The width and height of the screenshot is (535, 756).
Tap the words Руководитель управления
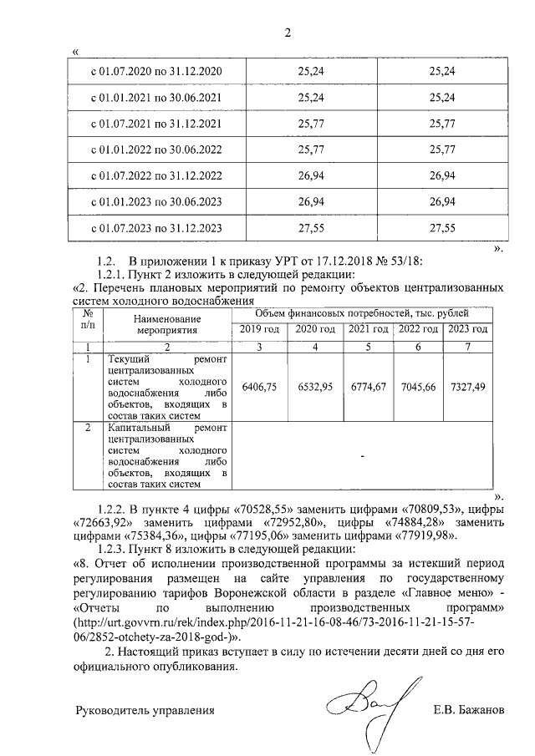pyautogui.click(x=145, y=711)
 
